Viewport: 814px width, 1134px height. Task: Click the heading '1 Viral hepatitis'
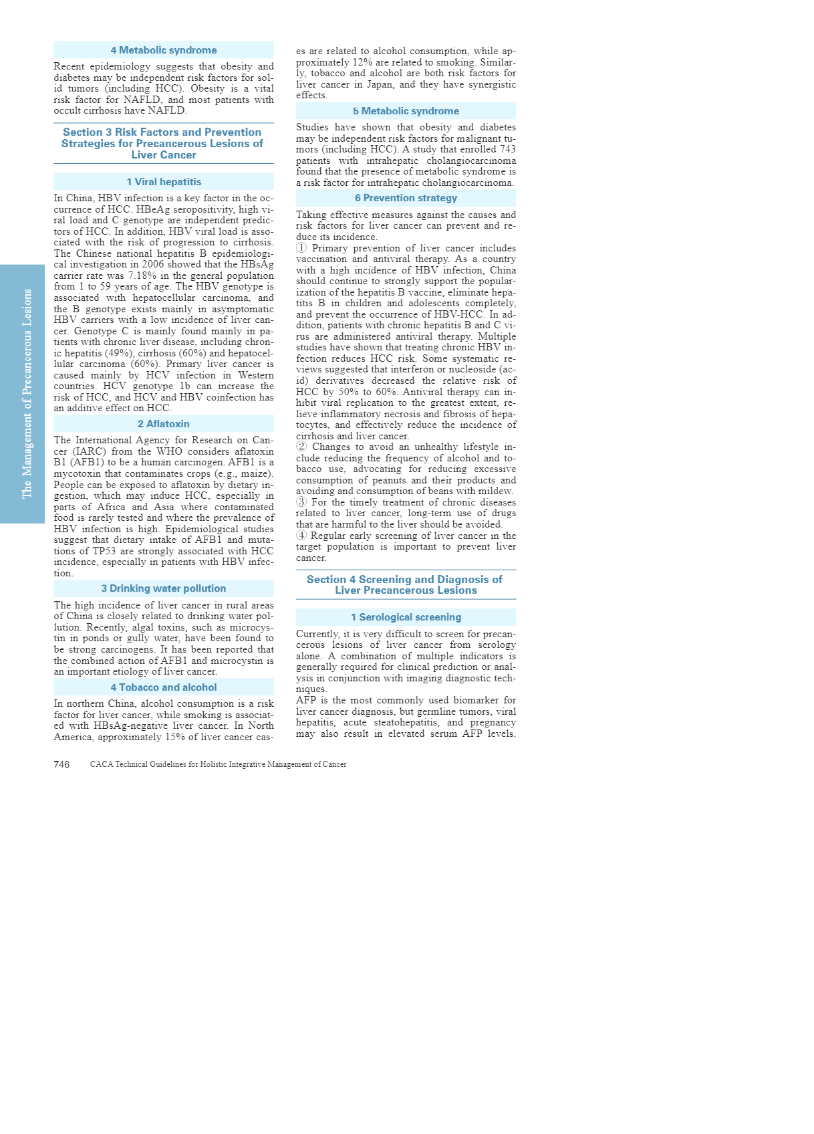coord(164,182)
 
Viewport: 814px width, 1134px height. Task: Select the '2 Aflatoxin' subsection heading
coord(164,424)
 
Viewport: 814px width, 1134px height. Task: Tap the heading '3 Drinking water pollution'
coord(164,588)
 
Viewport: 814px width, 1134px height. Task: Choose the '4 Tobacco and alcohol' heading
coord(164,687)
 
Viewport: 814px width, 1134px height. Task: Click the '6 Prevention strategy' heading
coord(406,198)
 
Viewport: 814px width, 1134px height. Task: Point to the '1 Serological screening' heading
coord(406,617)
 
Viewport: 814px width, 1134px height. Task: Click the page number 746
coord(61,764)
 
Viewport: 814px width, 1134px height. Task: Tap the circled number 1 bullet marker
coord(301,248)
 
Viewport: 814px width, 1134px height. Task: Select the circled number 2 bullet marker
coord(301,447)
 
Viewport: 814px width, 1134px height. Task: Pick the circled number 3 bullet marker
coord(301,502)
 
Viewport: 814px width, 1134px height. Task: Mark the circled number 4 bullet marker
coord(301,536)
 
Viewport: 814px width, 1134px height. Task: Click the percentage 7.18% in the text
coord(140,275)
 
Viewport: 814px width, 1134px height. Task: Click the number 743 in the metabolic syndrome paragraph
coord(507,149)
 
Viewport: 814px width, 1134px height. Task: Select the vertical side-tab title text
coord(27,393)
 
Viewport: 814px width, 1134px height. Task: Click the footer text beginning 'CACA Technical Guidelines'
coord(218,764)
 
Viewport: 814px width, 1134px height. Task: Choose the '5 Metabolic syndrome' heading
coord(406,111)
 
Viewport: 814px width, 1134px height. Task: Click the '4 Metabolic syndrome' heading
coord(164,50)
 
